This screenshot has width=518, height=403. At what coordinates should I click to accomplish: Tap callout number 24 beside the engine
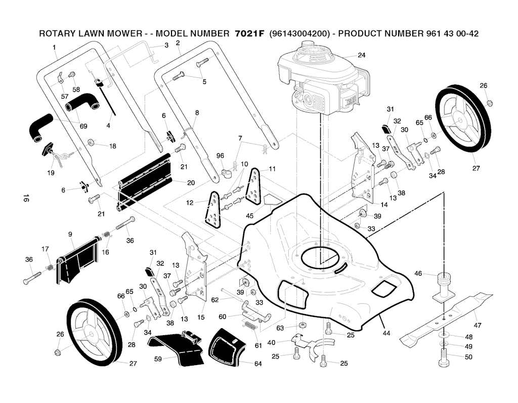[x=361, y=55]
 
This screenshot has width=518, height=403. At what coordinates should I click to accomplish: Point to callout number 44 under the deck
[x=386, y=333]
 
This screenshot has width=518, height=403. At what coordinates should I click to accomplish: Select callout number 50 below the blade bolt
[x=468, y=357]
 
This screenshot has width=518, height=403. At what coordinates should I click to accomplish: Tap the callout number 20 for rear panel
[x=191, y=183]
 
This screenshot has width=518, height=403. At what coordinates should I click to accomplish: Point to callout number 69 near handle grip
[x=83, y=126]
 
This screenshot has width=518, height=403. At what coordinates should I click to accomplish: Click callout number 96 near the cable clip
[x=220, y=155]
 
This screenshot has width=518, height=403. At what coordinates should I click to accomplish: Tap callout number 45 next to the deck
[x=250, y=216]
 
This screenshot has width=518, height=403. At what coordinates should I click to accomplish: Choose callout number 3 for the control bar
[x=166, y=46]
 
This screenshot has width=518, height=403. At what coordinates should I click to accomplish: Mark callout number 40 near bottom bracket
[x=272, y=342]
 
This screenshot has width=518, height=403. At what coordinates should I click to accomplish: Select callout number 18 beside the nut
[x=112, y=146]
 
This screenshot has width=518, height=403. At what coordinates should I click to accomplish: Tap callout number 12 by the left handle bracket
[x=190, y=202]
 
